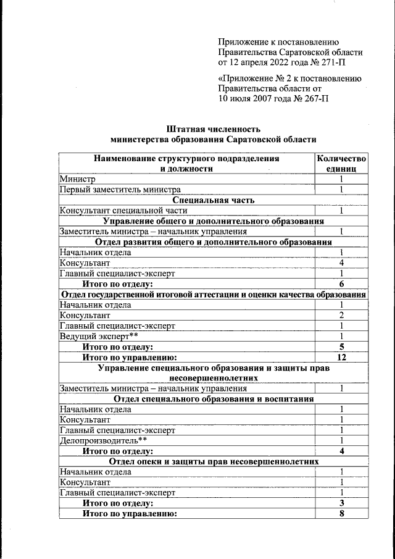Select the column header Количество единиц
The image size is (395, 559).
(341, 163)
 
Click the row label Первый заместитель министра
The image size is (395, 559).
(120, 190)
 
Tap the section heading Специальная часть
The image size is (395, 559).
(214, 200)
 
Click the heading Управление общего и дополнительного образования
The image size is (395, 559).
(214, 221)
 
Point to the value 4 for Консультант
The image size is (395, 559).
(341, 263)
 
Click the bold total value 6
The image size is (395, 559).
(341, 284)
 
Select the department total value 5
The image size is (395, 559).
(341, 347)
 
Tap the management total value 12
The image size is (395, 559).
(341, 357)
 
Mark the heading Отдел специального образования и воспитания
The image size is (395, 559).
(214, 399)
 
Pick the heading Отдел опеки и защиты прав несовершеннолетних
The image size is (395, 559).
(214, 461)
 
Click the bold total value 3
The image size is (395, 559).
(341, 503)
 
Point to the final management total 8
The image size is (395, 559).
(341, 514)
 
